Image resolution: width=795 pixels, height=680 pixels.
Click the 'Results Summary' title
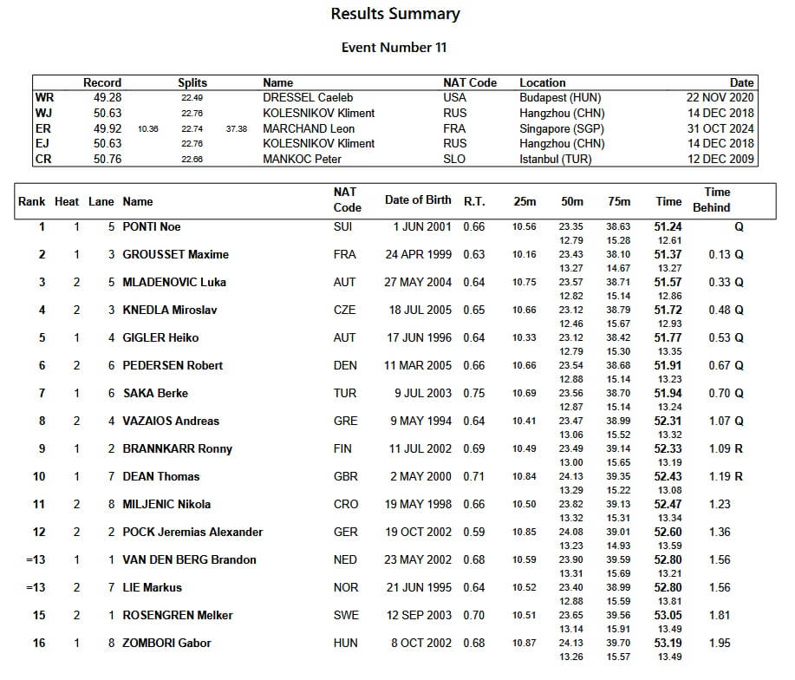click(395, 14)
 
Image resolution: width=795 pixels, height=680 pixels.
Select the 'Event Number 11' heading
click(394, 48)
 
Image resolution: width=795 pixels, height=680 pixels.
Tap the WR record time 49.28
click(107, 98)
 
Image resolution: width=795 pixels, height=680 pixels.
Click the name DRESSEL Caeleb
click(308, 98)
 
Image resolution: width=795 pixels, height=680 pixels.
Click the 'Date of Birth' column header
click(418, 200)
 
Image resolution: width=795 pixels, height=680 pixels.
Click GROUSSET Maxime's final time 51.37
click(668, 254)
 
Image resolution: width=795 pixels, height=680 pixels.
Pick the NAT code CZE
click(345, 310)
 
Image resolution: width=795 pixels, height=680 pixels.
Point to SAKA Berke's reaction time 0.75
click(473, 393)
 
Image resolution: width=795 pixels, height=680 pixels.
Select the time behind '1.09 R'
click(726, 448)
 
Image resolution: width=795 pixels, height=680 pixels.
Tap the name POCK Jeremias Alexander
click(192, 532)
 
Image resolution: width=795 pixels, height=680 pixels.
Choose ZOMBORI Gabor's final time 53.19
click(668, 643)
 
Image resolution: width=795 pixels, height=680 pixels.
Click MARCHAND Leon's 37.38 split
click(236, 128)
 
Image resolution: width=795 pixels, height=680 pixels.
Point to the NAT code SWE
click(345, 615)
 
